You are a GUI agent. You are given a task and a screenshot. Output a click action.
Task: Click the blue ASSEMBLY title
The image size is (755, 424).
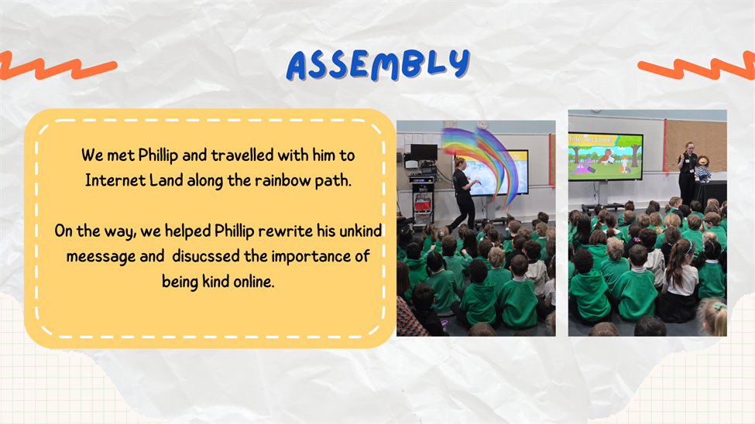tap(378, 64)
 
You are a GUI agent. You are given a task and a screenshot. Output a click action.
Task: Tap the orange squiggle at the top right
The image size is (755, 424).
tap(697, 67)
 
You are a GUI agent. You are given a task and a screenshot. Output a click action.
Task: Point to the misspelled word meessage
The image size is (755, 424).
tap(101, 257)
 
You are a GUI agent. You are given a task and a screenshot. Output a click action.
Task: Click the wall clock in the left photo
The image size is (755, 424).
tap(482, 125)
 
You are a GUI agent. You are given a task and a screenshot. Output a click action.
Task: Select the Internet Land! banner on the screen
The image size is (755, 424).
tap(590, 139)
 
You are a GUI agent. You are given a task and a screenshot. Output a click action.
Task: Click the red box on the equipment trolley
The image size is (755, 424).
tap(422, 204)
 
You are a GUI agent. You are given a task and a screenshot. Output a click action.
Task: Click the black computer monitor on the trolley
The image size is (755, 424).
tap(424, 152)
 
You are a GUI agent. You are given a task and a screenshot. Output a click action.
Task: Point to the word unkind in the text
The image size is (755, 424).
tap(360, 231)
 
